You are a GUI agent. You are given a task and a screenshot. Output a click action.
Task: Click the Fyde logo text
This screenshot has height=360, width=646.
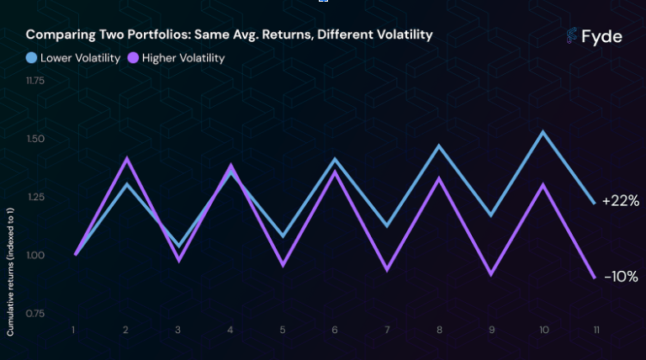(x=601, y=37)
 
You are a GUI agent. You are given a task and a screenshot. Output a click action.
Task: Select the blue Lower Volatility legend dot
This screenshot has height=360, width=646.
(x=31, y=58)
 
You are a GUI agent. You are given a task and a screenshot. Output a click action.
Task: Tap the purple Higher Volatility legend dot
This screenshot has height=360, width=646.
(x=133, y=58)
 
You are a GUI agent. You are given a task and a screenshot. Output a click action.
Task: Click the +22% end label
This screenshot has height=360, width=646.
(x=621, y=201)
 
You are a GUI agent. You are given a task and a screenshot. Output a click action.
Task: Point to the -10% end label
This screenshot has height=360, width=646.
(x=622, y=277)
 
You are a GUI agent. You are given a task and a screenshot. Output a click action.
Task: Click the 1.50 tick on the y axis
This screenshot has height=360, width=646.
(x=35, y=139)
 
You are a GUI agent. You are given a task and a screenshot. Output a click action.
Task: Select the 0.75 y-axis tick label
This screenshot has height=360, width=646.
(x=35, y=314)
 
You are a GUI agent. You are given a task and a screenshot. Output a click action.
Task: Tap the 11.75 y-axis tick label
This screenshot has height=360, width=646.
(x=35, y=80)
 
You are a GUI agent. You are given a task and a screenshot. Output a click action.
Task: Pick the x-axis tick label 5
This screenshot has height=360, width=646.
(x=283, y=330)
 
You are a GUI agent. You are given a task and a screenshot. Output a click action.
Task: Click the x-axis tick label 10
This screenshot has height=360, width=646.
(x=544, y=330)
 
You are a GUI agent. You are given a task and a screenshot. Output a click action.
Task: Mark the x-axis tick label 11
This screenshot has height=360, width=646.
(x=596, y=330)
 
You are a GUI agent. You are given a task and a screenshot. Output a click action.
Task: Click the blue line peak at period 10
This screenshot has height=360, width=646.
(x=543, y=132)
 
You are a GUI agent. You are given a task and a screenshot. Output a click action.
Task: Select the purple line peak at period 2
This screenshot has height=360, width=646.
(x=126, y=158)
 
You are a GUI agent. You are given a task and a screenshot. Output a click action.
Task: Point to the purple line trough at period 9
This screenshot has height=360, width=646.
(x=491, y=275)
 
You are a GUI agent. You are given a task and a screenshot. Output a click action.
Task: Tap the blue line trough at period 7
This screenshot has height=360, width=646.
(x=387, y=226)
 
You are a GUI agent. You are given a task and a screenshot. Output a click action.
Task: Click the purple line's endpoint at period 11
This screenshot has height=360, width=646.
(x=595, y=278)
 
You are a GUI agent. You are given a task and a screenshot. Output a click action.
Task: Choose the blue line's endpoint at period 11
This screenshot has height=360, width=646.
(x=594, y=203)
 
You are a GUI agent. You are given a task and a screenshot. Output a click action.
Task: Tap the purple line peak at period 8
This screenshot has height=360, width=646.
(x=439, y=178)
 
